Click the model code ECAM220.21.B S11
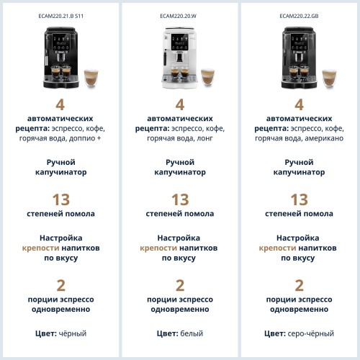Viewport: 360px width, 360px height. click(x=60, y=15)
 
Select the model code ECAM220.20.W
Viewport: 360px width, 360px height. click(x=179, y=15)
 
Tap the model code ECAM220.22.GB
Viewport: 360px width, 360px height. click(x=299, y=15)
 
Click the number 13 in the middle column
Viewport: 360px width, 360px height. click(x=179, y=199)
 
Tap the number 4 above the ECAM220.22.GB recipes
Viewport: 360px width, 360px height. click(x=299, y=104)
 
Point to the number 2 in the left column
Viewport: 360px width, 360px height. click(x=60, y=285)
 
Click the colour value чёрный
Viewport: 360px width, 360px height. click(x=73, y=333)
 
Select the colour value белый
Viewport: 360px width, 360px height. click(x=192, y=333)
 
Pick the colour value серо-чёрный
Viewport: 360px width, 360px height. click(x=312, y=333)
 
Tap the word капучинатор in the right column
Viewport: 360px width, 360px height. click(x=299, y=173)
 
